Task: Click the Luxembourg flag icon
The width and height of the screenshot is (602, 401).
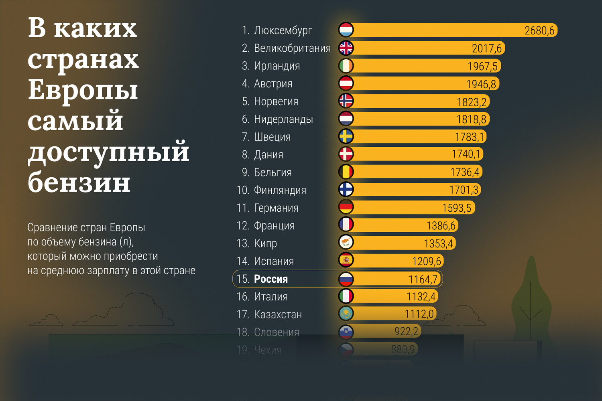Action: coord(346,30)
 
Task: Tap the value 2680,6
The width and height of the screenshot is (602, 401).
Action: coord(539,30)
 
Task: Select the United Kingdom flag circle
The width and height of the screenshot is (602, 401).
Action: coord(346,48)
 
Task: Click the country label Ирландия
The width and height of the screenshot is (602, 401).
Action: coord(277,66)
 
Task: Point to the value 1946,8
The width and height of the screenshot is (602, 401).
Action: coord(481,84)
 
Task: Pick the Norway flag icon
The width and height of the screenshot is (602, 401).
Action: coord(346,101)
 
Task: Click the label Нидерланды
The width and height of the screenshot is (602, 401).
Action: coord(283,119)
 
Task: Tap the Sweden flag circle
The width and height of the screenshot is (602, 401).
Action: coord(346,136)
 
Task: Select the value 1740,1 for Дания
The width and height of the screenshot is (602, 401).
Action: coord(466,154)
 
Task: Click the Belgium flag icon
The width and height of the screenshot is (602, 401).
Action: coord(346,172)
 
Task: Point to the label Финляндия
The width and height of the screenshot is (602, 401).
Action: coord(280,190)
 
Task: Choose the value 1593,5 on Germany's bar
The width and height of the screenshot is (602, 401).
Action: coord(456,208)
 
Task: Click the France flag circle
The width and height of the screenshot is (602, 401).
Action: coord(346,225)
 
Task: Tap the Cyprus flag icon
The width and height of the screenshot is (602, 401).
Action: coord(346,242)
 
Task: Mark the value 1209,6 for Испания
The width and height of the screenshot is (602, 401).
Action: coord(426,261)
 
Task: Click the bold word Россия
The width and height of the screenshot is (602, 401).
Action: coord(271,279)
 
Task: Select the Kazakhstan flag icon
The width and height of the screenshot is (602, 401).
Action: coord(346,313)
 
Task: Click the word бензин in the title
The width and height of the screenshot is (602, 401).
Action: coord(79,183)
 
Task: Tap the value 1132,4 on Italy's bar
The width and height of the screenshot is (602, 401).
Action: coord(421,297)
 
